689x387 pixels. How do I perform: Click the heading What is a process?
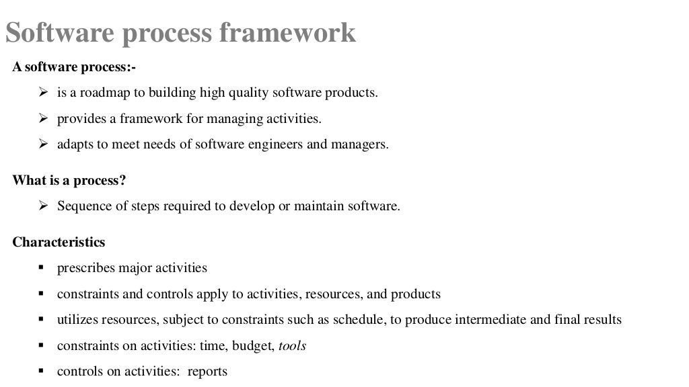(x=69, y=181)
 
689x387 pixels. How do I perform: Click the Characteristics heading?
(x=59, y=242)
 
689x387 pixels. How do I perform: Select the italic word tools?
(x=292, y=346)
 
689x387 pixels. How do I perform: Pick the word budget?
(x=255, y=346)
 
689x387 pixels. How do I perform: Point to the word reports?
(x=207, y=372)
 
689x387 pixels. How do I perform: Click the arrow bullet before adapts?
(x=43, y=144)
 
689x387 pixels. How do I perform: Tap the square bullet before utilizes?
(x=42, y=319)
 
